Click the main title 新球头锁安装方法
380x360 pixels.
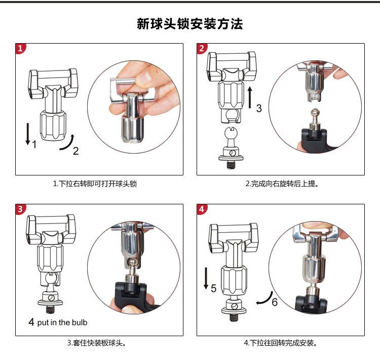pos(190,24)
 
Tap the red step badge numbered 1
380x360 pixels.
pos(21,48)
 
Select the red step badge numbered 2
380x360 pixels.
pos(202,48)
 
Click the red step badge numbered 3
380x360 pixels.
pos(21,209)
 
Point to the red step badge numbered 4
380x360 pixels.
pos(202,209)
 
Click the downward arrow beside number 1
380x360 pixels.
pos(28,134)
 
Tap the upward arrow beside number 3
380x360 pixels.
pos(250,97)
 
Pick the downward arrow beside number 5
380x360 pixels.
pos(206,278)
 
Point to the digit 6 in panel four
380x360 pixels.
pos(275,302)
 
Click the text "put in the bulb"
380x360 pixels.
pos(62,322)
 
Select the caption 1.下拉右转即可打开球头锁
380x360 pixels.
pos(95,184)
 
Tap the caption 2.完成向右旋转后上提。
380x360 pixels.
pos(282,184)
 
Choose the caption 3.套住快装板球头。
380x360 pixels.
pos(96,343)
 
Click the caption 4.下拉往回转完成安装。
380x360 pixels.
pos(280,343)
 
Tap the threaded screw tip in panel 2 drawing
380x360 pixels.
pos(231,165)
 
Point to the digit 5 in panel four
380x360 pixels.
pos(213,288)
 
